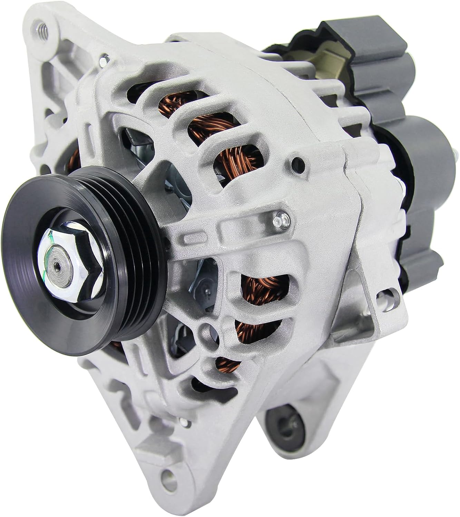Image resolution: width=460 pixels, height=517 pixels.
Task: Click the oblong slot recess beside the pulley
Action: click(x=192, y=238)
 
